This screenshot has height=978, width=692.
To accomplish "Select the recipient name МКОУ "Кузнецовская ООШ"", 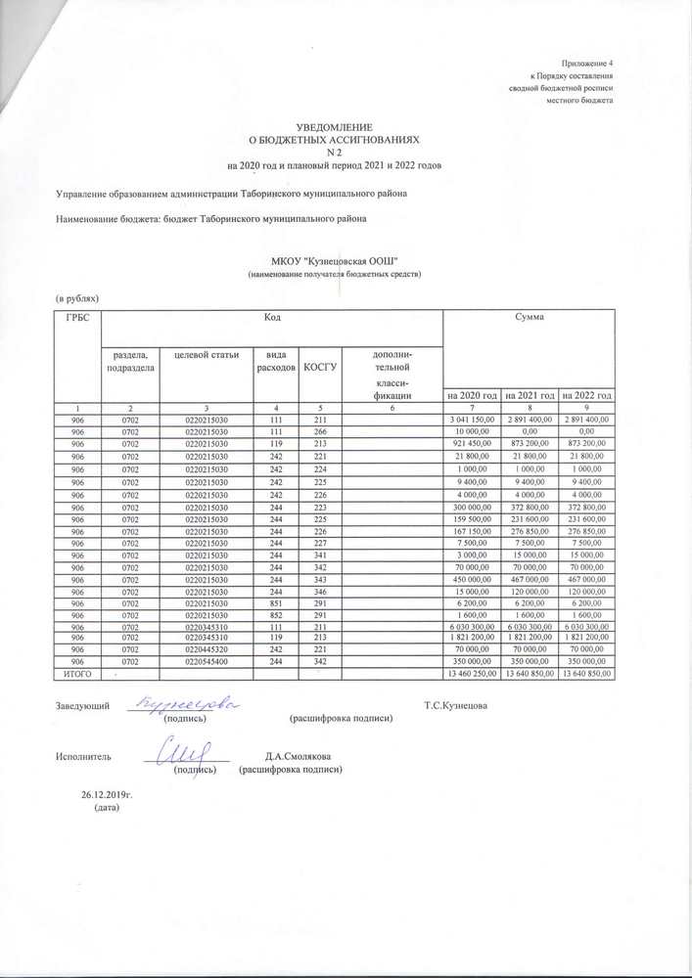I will click(336, 263).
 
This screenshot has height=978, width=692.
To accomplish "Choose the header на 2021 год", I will click(530, 395).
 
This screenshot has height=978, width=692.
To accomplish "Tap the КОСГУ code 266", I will click(320, 431).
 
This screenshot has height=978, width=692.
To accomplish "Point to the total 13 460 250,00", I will click(472, 674).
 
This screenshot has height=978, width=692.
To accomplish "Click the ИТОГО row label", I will click(75, 674).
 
